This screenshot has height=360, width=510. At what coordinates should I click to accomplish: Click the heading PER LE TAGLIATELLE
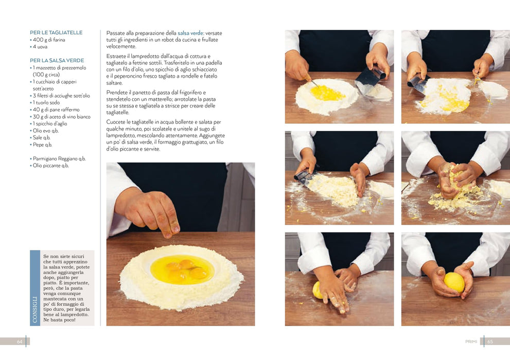[x=56, y=32]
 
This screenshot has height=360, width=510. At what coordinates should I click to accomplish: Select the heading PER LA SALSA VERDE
[x=57, y=61]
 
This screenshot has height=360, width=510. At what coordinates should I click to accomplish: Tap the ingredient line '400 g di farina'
[x=49, y=40]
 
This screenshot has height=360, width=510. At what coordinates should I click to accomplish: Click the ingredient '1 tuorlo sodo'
[x=46, y=103]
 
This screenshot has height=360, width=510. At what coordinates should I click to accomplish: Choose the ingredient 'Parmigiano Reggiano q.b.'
[x=59, y=158]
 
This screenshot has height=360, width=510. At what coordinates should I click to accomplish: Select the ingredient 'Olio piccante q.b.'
[x=51, y=166]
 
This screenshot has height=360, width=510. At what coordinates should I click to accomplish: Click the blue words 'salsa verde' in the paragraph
[x=190, y=33]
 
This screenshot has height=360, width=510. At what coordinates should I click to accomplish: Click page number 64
[x=20, y=341]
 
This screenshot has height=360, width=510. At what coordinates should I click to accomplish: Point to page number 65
[x=490, y=341]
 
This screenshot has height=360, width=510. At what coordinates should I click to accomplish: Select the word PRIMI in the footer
[x=471, y=341]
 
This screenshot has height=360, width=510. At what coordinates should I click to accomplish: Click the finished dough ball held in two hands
[x=454, y=282]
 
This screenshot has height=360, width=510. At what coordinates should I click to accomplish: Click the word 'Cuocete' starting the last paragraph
[x=115, y=122]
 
